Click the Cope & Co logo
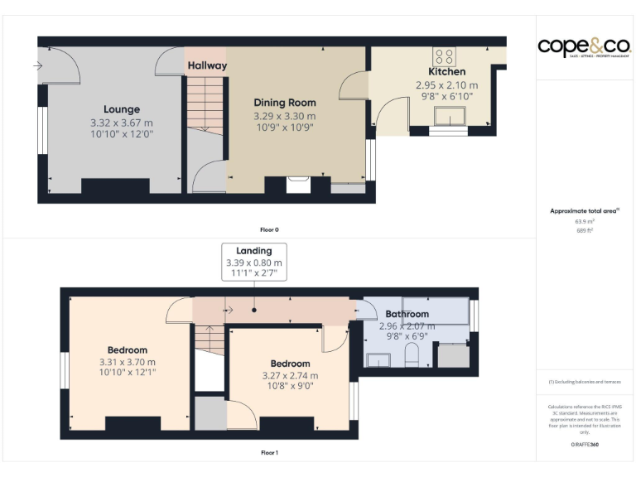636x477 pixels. pos(584,46)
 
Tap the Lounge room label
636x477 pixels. pos(122,109)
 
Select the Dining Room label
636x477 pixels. pos(285,103)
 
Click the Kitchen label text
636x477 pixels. pos(446,72)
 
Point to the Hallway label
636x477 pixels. pos(206,65)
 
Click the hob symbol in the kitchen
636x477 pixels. pos(445,56)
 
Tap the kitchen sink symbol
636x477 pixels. pos(451,117)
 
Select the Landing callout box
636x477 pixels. pos(253,262)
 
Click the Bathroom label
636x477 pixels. pos(407,314)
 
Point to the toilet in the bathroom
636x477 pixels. pos(413,357)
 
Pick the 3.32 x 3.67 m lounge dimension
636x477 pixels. pos(122,123)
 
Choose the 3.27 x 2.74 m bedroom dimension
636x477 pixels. pos(290,376)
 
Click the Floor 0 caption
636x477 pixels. pos(269,229)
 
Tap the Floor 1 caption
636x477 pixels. pos(269,453)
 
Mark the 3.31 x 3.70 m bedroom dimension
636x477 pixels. pos(128,362)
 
